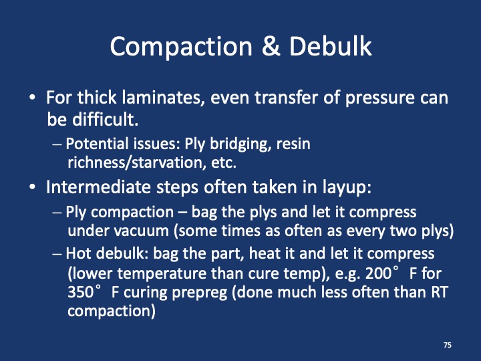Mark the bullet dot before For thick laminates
click(x=33, y=98)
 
